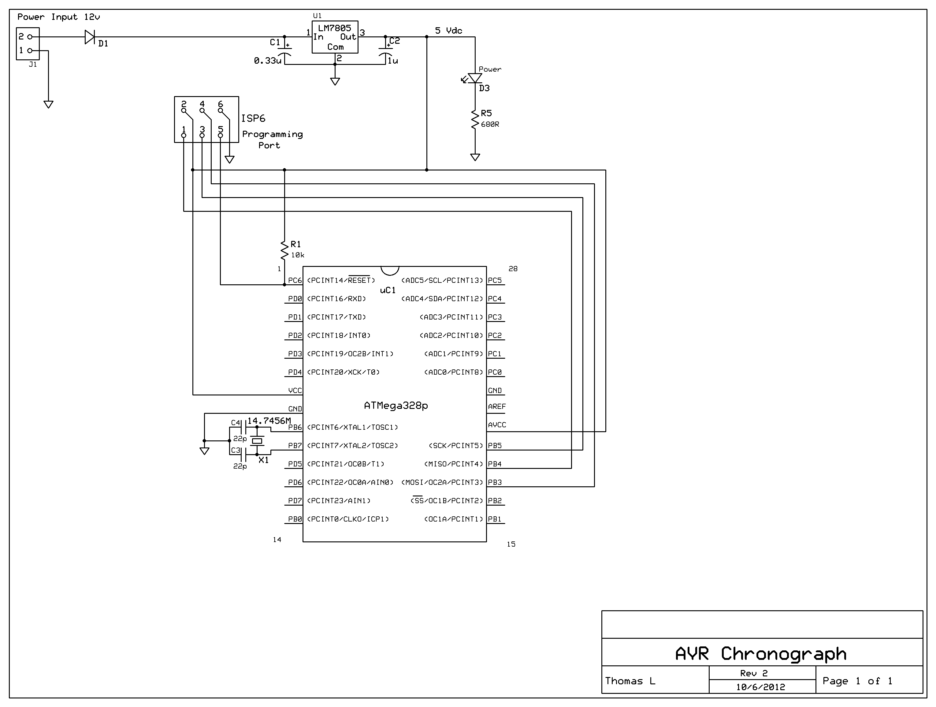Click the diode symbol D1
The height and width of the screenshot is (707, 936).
click(90, 37)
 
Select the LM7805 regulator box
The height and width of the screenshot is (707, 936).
click(335, 37)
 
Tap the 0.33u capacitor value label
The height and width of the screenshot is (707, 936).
click(267, 61)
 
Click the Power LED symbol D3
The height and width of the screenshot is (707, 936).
click(475, 78)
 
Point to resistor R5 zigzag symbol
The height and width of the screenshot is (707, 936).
click(475, 119)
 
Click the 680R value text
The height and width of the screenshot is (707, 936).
click(490, 125)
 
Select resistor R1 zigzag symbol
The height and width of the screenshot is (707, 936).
click(284, 250)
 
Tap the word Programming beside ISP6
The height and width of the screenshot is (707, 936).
click(273, 134)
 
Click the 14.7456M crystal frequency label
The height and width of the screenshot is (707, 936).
click(269, 421)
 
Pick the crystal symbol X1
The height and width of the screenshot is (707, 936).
click(257, 441)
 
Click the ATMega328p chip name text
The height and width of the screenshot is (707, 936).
click(396, 406)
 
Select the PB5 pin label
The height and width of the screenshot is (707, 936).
click(495, 445)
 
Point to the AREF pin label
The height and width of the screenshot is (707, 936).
click(497, 406)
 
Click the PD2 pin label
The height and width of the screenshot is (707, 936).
click(295, 335)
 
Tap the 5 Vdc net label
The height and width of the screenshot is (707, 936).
click(448, 31)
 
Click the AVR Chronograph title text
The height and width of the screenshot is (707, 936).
click(760, 654)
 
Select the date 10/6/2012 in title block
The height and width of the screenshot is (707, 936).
click(760, 687)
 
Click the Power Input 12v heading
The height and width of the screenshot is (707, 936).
click(58, 17)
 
